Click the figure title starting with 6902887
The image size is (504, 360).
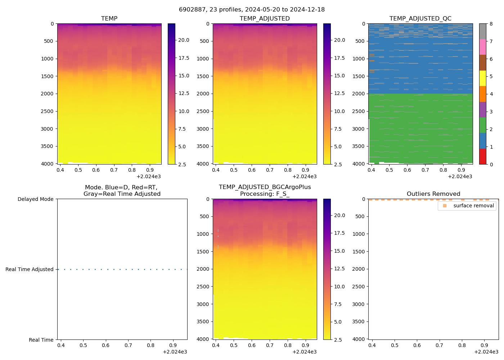pos(252,10)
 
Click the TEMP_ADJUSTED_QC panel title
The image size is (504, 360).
pos(420,19)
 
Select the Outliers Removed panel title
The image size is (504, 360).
pos(433,194)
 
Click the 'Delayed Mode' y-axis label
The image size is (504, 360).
pos(35,199)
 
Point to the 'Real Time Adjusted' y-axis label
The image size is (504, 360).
pos(30,270)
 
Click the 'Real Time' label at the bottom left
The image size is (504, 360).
pos(41,340)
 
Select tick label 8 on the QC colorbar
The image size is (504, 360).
pos(491,24)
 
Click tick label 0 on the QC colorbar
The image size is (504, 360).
pos(491,165)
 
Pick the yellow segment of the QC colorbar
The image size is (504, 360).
pos(483,78)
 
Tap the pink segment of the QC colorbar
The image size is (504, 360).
pos(483,47)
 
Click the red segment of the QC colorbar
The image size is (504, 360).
pos(483,157)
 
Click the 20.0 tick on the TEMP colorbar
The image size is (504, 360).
pos(184,40)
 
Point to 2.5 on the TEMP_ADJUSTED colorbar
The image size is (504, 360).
pos(339,165)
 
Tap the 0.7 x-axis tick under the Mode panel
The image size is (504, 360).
pos(128,345)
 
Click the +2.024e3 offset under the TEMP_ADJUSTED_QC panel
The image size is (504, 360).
pos(460,177)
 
